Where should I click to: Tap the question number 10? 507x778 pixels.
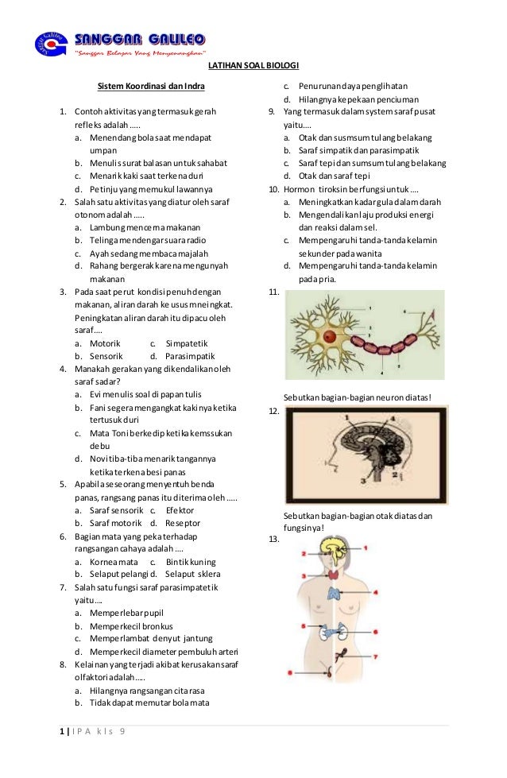(x=274, y=189)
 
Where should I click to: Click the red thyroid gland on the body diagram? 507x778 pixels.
(x=332, y=575)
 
